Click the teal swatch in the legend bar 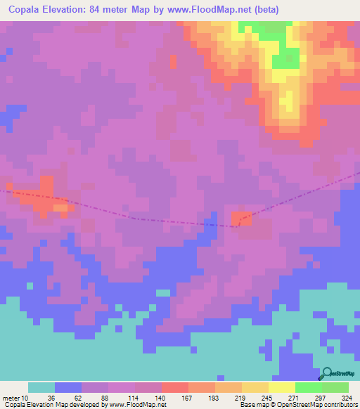41,387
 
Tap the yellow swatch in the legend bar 281,387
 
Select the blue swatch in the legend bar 68,387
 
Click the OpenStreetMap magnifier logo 326,374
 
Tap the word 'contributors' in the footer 340,405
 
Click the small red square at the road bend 241,219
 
